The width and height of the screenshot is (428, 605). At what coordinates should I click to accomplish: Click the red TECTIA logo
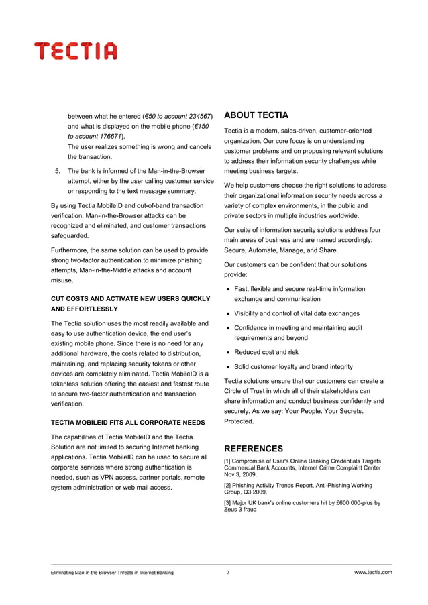76,50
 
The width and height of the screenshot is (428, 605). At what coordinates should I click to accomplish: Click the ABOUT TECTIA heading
256,115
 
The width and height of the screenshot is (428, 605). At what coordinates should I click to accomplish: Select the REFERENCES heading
253,448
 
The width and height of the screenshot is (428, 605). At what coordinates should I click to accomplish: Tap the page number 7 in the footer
228,573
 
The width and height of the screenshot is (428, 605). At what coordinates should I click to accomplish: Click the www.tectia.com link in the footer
373,573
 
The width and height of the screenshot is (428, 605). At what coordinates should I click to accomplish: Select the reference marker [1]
228,461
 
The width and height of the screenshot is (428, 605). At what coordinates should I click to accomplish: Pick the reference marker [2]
228,485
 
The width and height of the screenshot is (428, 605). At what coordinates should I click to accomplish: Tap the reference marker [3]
228,502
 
